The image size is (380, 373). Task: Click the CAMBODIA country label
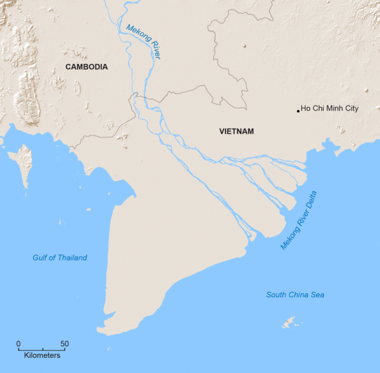tap(86, 66)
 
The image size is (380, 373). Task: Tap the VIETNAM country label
tap(236, 131)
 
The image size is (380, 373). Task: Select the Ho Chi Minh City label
tap(329, 108)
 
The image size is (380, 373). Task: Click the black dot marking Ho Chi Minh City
tap(298, 111)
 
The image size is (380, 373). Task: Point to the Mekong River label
tap(144, 42)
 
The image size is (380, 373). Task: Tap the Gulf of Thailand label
tap(60, 258)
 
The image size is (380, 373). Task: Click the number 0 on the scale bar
tap(18, 344)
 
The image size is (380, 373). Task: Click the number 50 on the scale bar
tap(65, 344)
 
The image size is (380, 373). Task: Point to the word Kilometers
tap(42, 356)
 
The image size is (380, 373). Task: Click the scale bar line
tap(42, 350)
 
